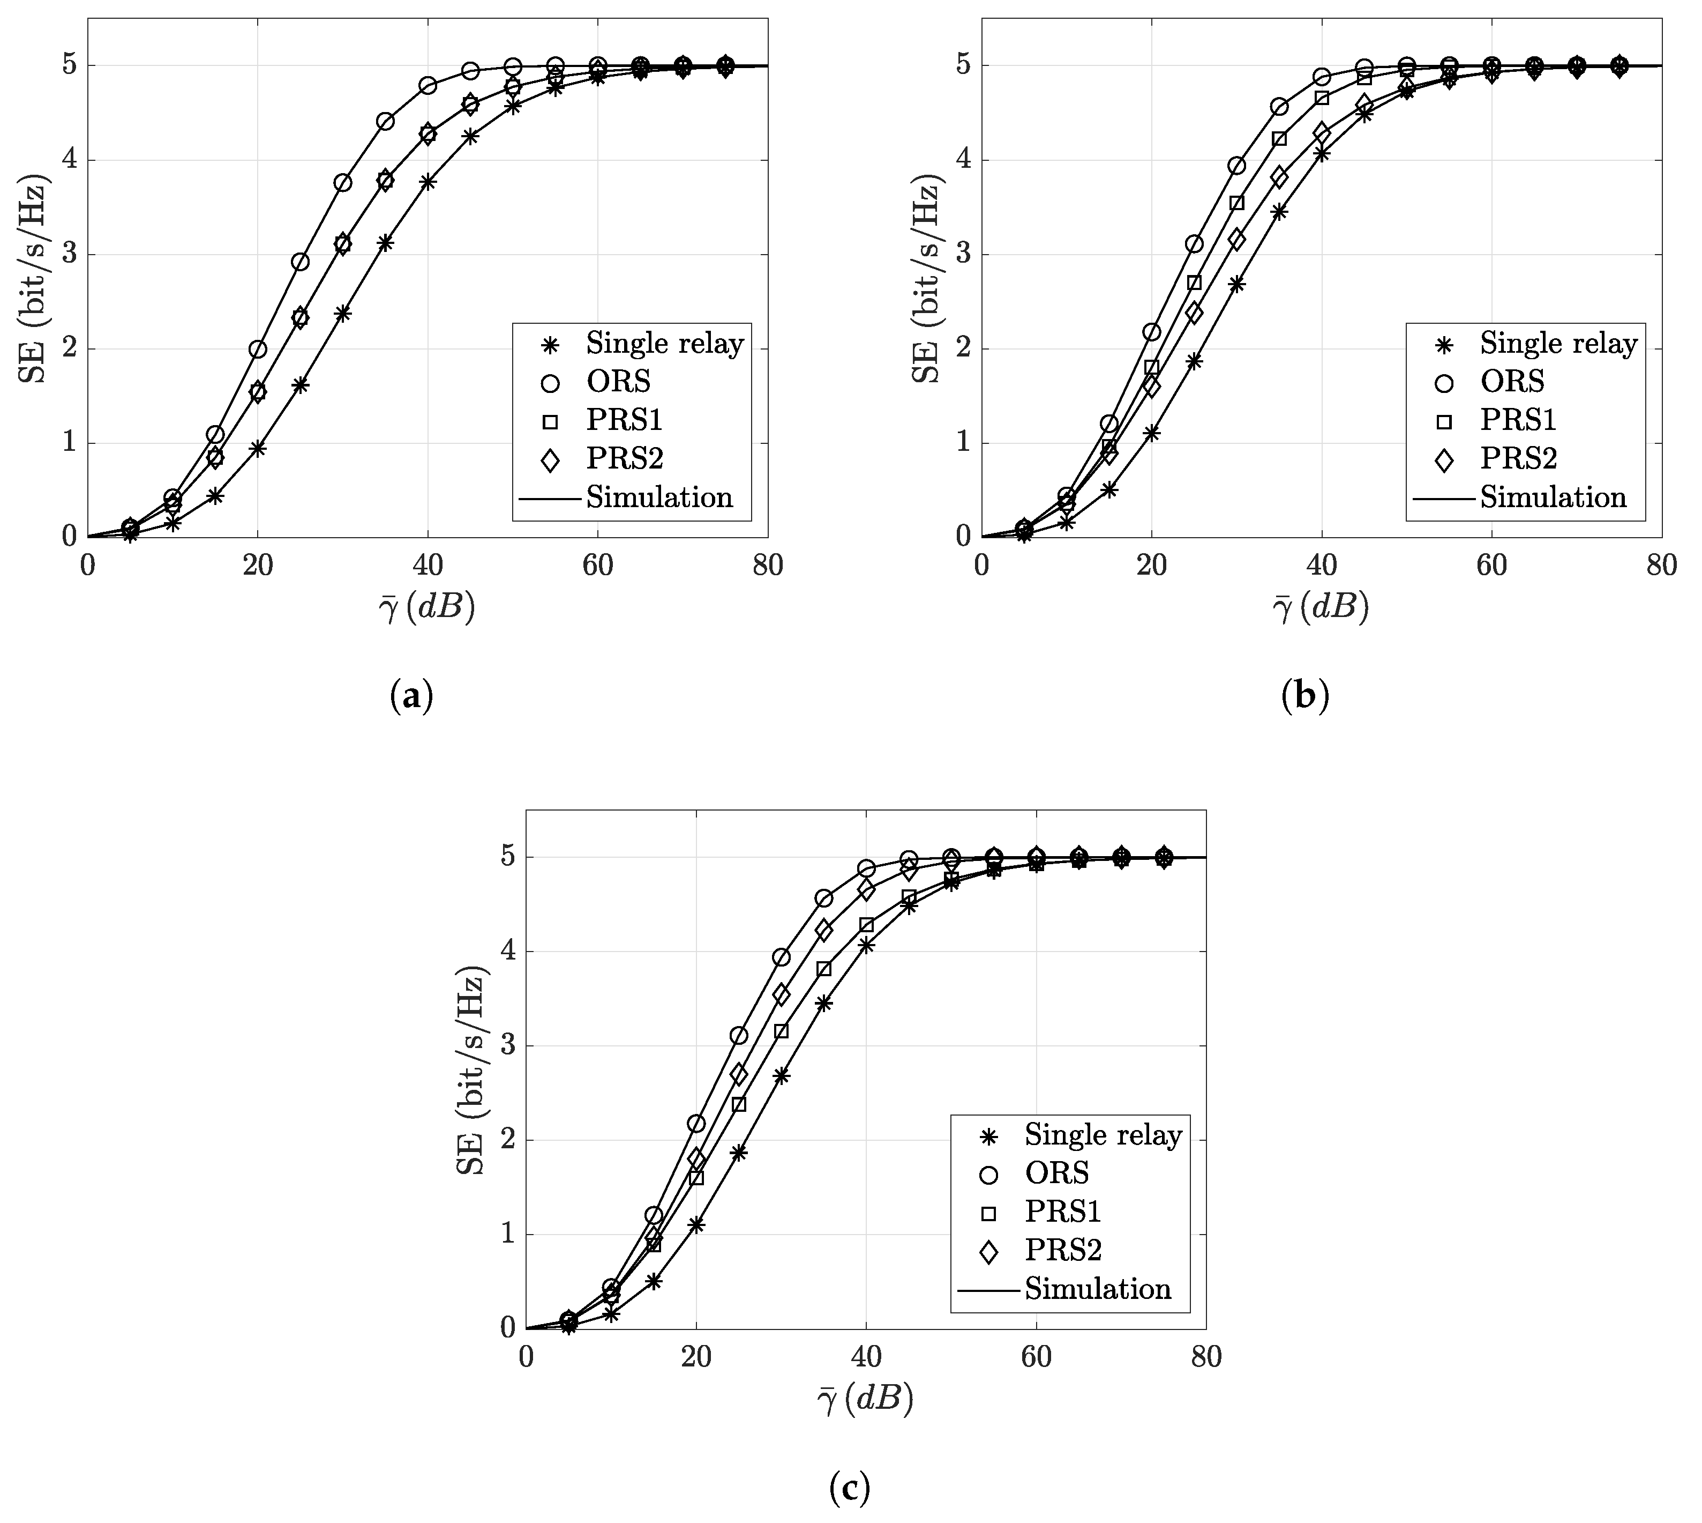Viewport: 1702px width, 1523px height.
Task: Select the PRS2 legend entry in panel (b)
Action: click(1518, 458)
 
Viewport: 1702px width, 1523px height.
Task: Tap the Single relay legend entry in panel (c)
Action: click(1103, 1135)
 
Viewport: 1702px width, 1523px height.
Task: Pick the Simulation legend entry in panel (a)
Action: click(658, 497)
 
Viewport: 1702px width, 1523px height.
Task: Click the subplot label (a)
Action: click(411, 695)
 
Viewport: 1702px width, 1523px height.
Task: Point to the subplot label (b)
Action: click(1304, 695)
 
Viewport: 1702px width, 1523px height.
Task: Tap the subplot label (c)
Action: click(850, 1486)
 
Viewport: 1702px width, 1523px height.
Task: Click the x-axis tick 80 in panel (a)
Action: click(768, 567)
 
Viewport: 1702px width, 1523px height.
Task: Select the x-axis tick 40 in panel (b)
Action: click(1322, 567)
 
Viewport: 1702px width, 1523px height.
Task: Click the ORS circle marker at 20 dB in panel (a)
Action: click(258, 349)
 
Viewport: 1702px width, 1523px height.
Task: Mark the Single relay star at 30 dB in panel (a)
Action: click(342, 314)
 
